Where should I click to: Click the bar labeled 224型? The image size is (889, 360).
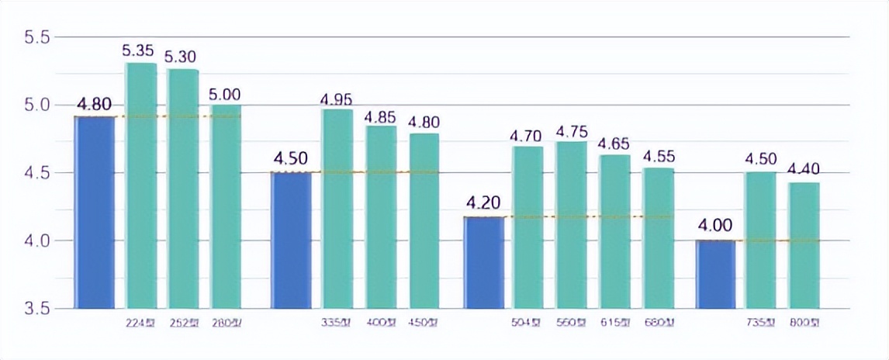pos(140,186)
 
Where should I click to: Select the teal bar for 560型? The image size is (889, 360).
pos(571,225)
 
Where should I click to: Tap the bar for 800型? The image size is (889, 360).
pos(804,245)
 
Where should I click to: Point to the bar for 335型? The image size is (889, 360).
pos(337,209)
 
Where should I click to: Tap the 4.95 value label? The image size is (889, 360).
pos(337,99)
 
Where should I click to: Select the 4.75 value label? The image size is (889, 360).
pos(571,130)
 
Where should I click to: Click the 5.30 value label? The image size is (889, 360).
pos(180,57)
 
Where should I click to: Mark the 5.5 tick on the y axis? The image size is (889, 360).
pos(36,37)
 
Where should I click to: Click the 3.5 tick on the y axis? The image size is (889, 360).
pos(36,309)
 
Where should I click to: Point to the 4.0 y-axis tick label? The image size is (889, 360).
pos(36,241)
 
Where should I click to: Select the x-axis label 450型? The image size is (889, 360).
pos(424,323)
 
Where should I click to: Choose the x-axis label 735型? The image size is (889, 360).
pos(759,323)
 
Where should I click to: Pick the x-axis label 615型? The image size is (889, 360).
pos(614,323)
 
